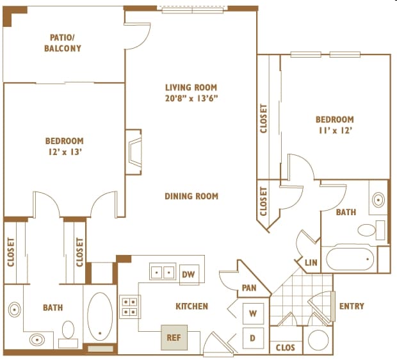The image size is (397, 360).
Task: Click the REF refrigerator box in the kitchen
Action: (x=174, y=338)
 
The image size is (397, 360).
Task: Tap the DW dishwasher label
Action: (x=189, y=274)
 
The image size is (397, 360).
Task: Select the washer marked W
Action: (x=253, y=314)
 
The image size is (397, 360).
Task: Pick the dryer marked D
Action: (x=253, y=338)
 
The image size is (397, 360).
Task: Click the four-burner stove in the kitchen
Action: (x=130, y=307)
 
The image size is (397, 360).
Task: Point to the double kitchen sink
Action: (x=163, y=272)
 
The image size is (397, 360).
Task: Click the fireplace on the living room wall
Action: (x=133, y=152)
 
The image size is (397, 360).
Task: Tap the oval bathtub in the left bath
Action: (x=100, y=316)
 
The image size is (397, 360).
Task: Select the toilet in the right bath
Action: (x=371, y=230)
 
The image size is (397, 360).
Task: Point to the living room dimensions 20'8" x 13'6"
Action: (x=191, y=98)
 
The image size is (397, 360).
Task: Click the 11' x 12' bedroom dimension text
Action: (x=336, y=130)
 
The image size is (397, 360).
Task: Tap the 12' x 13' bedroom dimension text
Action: (x=65, y=152)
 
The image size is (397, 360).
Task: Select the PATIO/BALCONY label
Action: (x=63, y=43)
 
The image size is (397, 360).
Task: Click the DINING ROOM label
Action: (x=191, y=196)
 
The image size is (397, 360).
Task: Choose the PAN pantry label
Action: (x=249, y=288)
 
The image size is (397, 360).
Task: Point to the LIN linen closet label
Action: (x=311, y=263)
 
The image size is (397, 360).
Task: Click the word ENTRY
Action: (x=352, y=306)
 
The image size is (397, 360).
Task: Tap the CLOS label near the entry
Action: (x=286, y=348)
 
